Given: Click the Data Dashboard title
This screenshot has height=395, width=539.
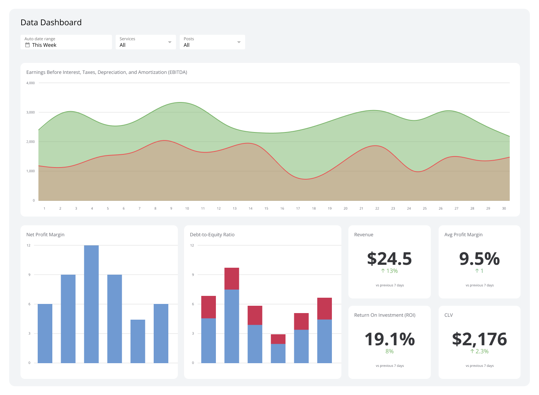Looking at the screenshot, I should click(51, 22).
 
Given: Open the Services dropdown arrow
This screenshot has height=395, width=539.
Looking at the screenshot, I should click(170, 42).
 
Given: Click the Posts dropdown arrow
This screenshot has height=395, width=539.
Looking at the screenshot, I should click(239, 42).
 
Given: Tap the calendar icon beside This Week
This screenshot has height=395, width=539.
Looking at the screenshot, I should click(27, 45).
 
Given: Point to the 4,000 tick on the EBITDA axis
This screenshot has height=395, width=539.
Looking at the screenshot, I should click(30, 83).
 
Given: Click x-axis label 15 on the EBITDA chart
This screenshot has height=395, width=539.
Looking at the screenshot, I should click(266, 208).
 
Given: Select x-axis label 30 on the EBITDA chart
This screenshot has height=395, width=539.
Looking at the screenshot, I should click(504, 208).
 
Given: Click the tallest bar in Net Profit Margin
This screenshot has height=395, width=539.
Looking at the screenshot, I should click(91, 304).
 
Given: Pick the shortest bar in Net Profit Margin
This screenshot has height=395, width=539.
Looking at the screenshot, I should click(138, 341).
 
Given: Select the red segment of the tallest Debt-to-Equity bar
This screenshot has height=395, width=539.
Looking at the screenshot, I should click(232, 279).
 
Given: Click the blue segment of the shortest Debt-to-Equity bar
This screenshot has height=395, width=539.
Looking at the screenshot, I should click(278, 353).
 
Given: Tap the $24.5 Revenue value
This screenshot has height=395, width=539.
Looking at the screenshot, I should click(389, 259).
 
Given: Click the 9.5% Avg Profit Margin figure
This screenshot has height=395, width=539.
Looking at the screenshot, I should click(479, 259).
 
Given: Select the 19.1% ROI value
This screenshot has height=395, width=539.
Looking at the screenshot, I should click(389, 339).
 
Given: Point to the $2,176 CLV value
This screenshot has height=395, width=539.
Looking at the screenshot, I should click(479, 339).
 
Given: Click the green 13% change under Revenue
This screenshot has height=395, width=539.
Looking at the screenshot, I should click(389, 271).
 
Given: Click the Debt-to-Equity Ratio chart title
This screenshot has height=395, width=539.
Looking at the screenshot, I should click(212, 235).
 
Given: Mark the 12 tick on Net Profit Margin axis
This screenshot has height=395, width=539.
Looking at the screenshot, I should click(29, 245).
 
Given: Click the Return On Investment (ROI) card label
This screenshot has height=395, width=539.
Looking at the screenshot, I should click(385, 315).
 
